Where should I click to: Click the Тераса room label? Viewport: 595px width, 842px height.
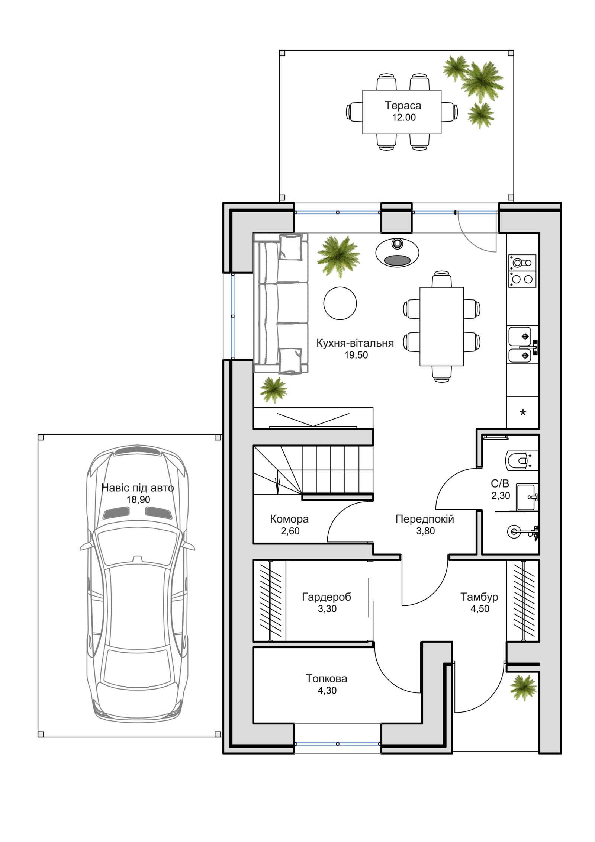click(x=403, y=105)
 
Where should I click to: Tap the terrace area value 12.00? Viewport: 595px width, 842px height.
click(x=403, y=118)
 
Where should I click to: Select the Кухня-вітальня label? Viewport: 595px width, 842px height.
click(x=355, y=343)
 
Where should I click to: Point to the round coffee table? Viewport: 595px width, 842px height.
click(x=340, y=303)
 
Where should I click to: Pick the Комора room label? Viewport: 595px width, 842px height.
click(x=289, y=518)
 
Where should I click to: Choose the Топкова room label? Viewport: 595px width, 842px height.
click(x=326, y=678)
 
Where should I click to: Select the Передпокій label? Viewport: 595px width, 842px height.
click(x=424, y=519)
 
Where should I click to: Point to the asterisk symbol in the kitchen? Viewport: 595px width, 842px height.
click(x=522, y=413)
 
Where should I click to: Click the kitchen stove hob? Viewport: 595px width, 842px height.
click(x=522, y=271)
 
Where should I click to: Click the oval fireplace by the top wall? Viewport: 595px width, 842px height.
click(x=397, y=253)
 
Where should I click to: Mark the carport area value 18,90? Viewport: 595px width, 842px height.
click(x=138, y=499)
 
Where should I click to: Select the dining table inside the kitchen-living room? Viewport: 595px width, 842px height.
click(x=441, y=327)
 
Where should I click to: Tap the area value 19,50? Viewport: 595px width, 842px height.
click(x=356, y=355)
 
